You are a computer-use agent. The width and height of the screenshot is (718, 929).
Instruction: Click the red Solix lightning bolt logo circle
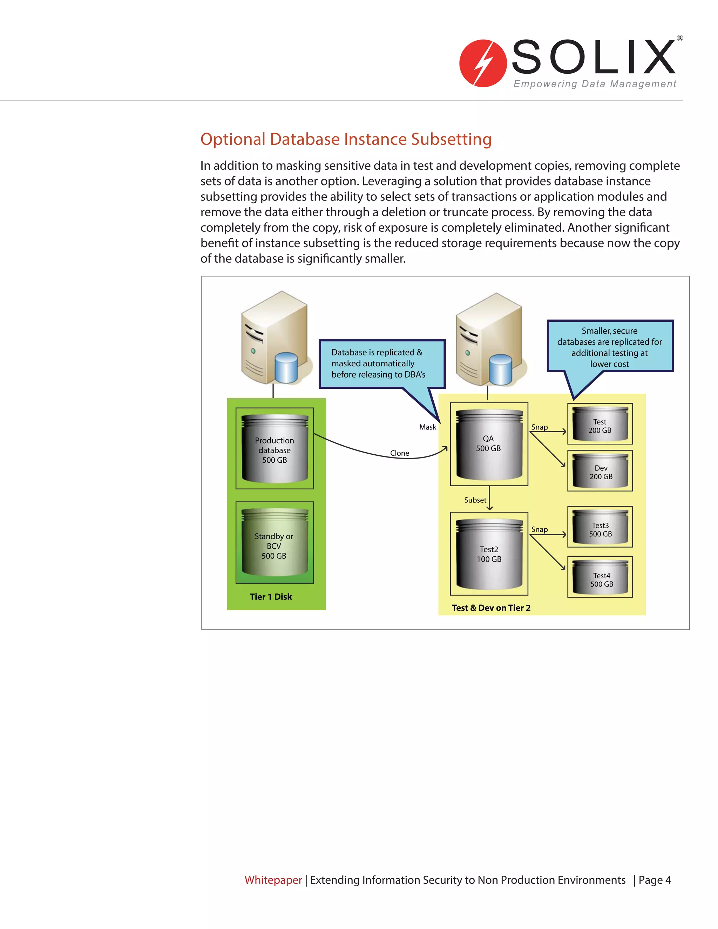tap(483, 63)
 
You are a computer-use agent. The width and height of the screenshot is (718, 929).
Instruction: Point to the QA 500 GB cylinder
tap(489, 444)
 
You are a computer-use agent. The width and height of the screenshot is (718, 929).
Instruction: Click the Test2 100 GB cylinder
tap(489, 554)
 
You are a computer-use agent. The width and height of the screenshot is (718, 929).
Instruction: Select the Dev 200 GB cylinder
tap(600, 471)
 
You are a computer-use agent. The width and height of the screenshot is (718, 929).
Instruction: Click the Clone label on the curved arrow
tap(399, 453)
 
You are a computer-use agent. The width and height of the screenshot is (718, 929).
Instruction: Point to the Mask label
tap(427, 427)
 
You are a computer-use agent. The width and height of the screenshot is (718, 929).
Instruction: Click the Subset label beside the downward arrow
tap(475, 500)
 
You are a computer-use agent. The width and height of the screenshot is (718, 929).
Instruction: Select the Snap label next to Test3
tap(539, 530)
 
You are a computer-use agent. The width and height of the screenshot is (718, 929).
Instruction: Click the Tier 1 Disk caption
tap(271, 597)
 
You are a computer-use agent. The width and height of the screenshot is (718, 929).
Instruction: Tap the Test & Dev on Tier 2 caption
tap(491, 608)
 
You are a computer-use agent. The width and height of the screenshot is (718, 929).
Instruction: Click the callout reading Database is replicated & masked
tap(381, 364)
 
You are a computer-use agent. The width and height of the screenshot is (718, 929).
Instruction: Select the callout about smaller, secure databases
tap(610, 347)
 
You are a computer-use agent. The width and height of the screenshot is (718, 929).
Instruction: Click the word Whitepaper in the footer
tap(273, 880)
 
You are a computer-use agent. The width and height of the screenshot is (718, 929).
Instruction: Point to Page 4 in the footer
tap(655, 880)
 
